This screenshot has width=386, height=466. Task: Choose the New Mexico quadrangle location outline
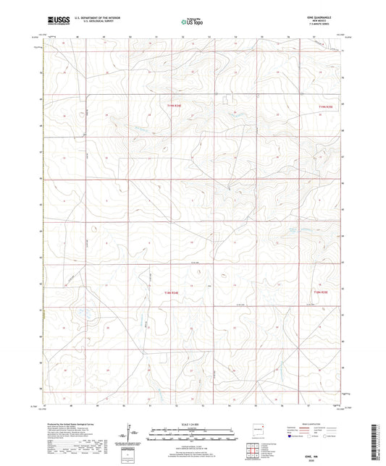click(x=255, y=428)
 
